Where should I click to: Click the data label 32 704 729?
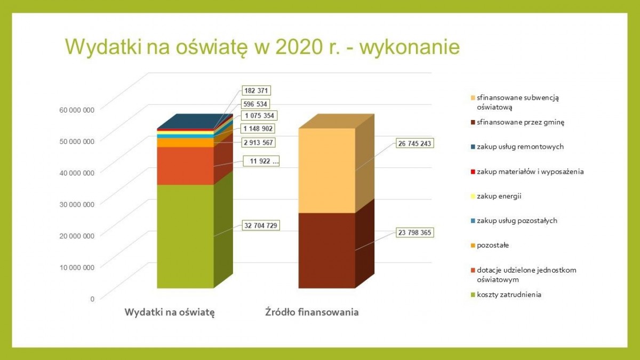click(x=261, y=225)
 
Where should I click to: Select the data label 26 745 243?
click(x=413, y=143)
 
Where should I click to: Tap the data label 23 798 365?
click(x=413, y=233)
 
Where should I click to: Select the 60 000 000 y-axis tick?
click(x=76, y=109)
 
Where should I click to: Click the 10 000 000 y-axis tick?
click(x=76, y=267)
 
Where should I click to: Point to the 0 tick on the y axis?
click(x=92, y=299)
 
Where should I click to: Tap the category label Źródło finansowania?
click(x=312, y=313)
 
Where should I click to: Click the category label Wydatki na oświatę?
click(x=170, y=313)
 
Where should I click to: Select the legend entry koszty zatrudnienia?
click(x=509, y=294)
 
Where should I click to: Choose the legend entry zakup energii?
click(x=499, y=196)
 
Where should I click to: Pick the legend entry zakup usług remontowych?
click(x=520, y=147)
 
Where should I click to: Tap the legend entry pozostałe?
click(x=493, y=245)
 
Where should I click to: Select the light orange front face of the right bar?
click(x=326, y=171)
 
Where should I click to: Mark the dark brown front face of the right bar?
click(x=326, y=251)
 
